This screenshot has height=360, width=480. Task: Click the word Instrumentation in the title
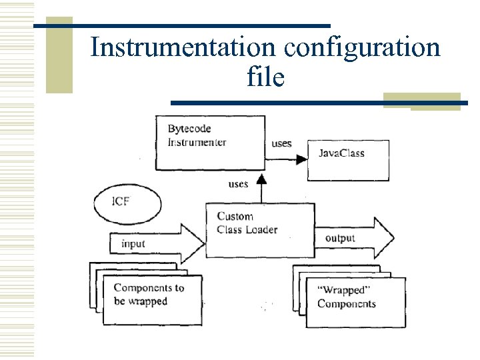182,48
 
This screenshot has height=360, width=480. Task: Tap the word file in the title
265,77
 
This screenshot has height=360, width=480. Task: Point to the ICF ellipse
127,201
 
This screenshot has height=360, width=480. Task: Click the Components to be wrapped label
148,295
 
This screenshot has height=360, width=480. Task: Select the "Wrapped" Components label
347,297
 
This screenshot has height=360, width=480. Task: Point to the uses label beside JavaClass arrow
281,144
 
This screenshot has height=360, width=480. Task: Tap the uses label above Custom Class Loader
238,184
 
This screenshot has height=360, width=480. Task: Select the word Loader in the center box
262,230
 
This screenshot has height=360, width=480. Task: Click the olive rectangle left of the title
59,55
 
